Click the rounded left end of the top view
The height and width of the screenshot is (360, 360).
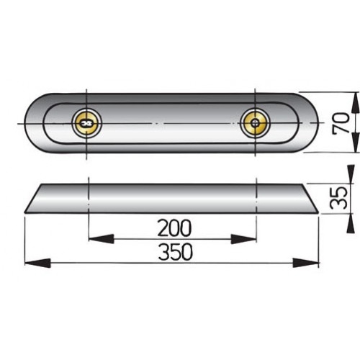click(32, 122)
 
